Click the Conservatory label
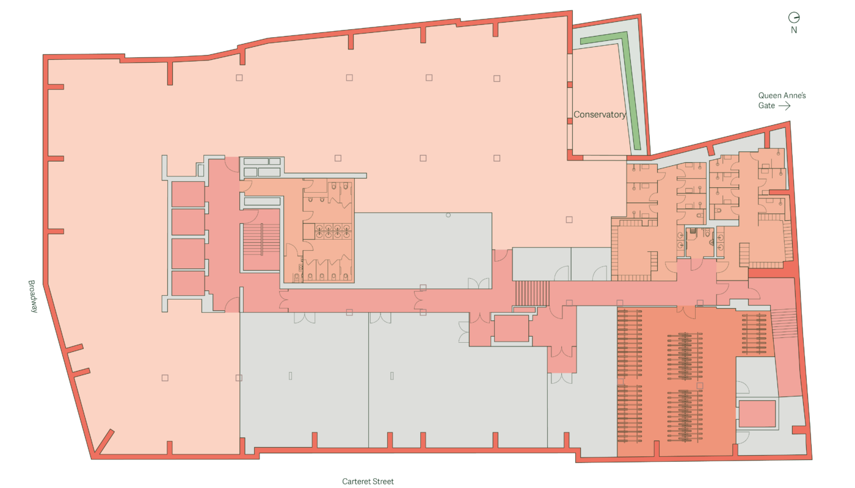point(600,115)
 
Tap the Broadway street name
point(33,296)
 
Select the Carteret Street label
point(368,481)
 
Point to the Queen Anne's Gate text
point(781,100)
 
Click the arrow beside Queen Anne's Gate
point(784,106)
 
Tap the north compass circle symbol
point(794,18)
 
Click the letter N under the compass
point(794,30)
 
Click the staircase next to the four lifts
point(261,240)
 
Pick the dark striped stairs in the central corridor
point(533,293)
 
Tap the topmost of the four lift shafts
point(188,194)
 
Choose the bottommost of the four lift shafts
point(188,283)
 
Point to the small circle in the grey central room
point(448,215)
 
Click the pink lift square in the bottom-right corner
point(757,414)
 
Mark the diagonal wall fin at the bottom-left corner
point(104,442)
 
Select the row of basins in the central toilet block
point(332,231)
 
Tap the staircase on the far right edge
point(784,323)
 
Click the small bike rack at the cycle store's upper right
point(754,334)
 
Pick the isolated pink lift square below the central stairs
point(512,328)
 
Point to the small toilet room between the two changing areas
point(700,243)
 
